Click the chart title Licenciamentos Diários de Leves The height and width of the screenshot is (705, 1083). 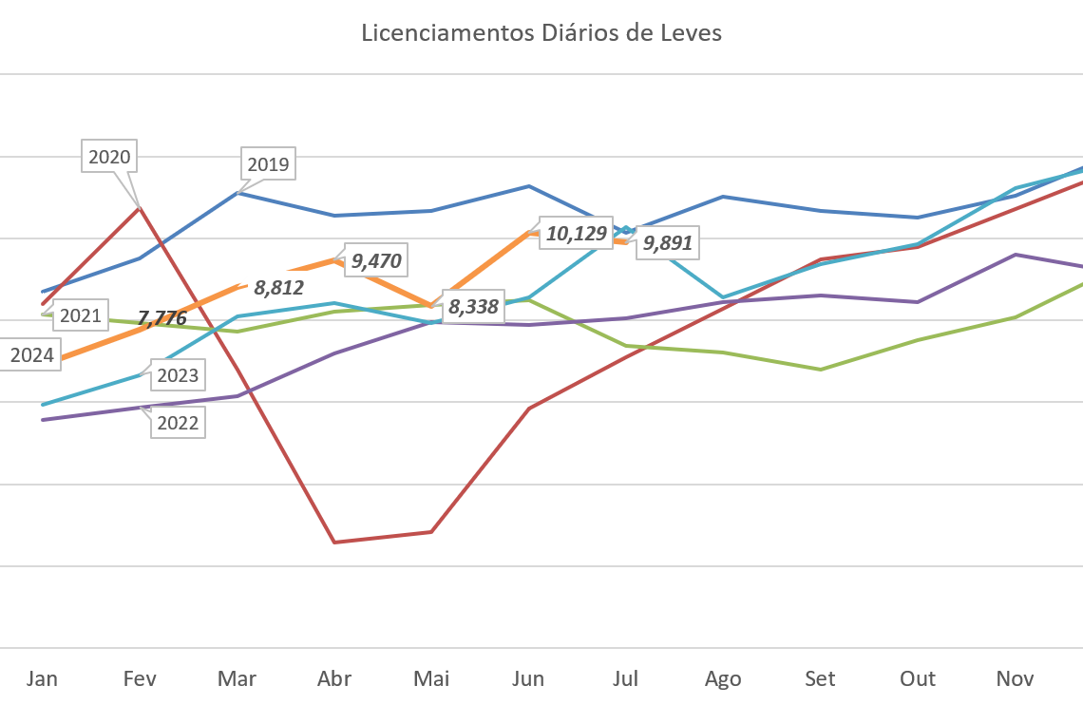541,33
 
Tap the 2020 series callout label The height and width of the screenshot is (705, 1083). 109,157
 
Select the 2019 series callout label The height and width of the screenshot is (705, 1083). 268,164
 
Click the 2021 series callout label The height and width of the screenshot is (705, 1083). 80,315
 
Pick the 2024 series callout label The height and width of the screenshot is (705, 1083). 31,356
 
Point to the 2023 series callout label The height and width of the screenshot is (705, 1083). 178,375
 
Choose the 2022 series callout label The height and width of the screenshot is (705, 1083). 178,423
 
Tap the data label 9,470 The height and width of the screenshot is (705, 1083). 376,260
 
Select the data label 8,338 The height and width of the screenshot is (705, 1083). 474,307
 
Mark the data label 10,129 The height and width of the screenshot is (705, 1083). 575,234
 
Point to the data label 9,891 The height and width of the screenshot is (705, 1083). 668,244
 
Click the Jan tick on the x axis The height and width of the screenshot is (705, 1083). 42,678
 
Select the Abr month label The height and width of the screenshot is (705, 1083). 334,678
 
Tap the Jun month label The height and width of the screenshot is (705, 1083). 528,678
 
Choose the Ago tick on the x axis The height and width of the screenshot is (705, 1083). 723,678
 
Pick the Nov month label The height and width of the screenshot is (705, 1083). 1015,678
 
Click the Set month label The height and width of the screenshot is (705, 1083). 820,678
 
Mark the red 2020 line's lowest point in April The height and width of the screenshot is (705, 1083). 334,542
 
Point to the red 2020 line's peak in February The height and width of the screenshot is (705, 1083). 140,206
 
